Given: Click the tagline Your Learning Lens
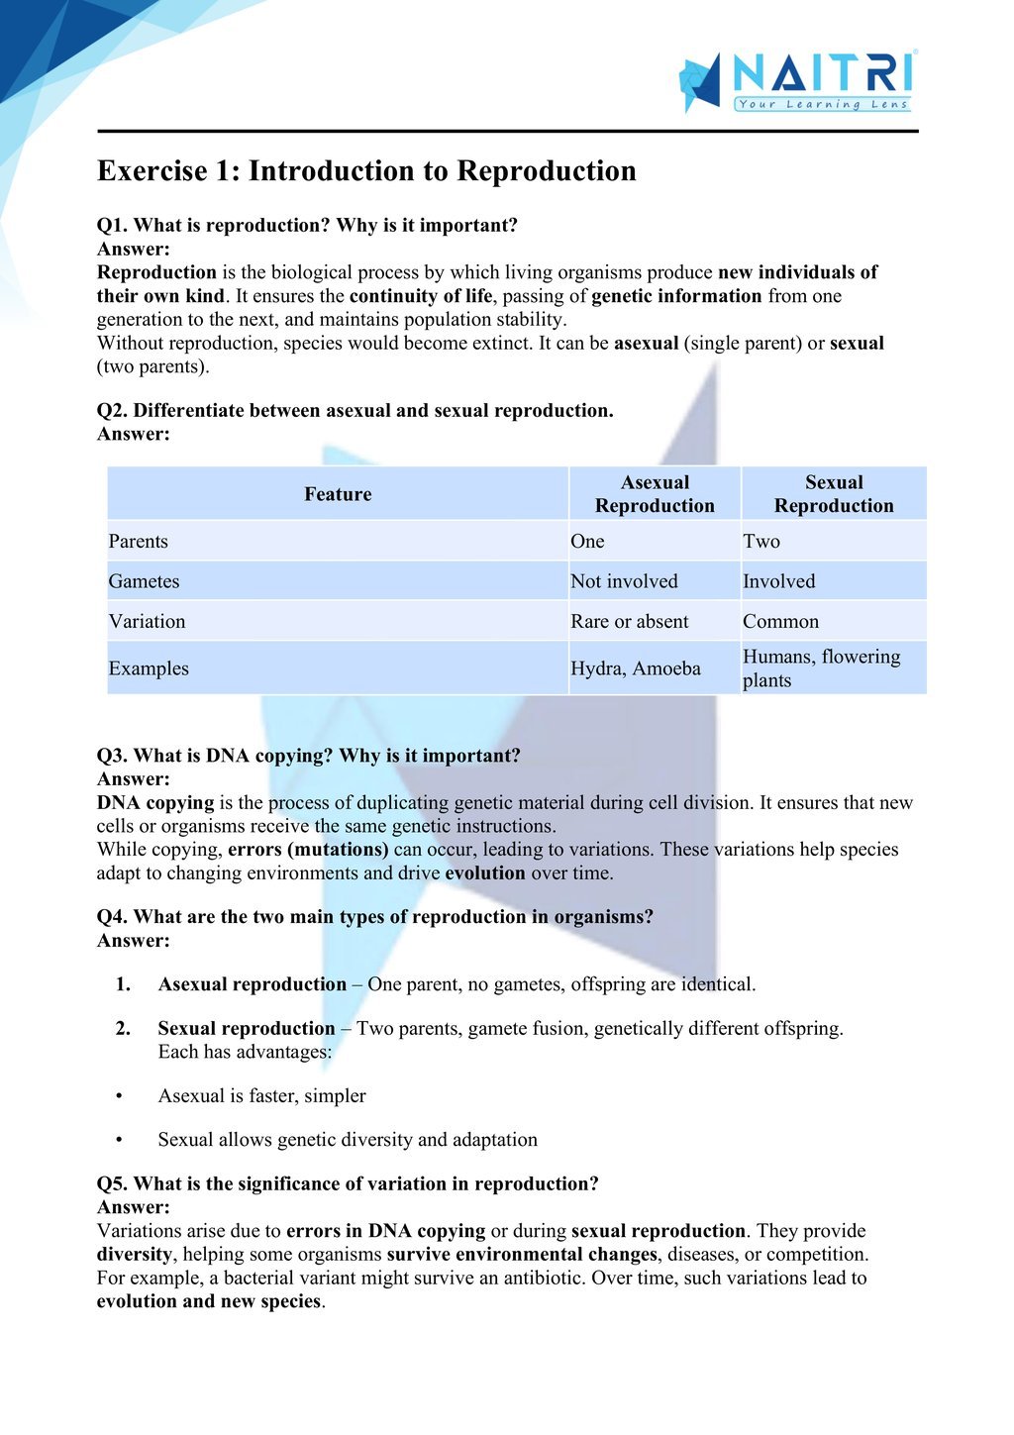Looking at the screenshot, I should (822, 104).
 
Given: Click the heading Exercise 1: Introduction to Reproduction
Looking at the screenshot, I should (366, 171).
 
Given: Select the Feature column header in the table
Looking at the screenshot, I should (338, 494).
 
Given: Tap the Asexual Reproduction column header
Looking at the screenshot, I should (655, 494).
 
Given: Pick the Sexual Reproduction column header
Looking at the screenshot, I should (834, 494).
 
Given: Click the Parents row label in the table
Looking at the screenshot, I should (139, 542).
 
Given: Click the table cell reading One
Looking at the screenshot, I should (587, 542).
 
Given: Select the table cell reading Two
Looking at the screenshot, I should (761, 542).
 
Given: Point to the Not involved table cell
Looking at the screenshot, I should (624, 581).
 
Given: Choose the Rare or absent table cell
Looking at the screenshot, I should (629, 622).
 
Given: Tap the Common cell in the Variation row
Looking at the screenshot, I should (780, 622).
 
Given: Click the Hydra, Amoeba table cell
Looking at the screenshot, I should (635, 668).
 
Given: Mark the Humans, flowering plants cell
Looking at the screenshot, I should (821, 668).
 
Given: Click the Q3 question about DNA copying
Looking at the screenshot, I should (308, 756).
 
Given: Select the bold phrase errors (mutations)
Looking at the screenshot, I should (308, 850).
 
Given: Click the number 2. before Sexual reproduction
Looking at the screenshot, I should (123, 1028).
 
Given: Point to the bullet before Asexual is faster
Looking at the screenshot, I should (119, 1096).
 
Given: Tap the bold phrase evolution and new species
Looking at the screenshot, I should (209, 1301).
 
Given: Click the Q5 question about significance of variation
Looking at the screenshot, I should (348, 1184).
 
